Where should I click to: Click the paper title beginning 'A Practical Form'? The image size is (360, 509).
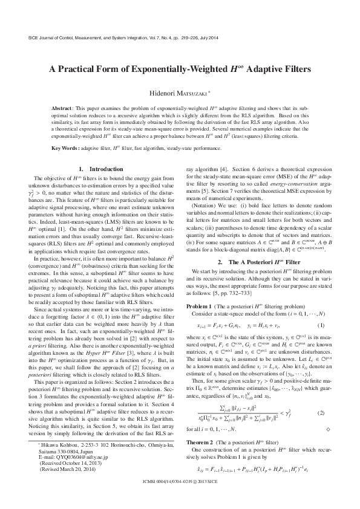[180, 70]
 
